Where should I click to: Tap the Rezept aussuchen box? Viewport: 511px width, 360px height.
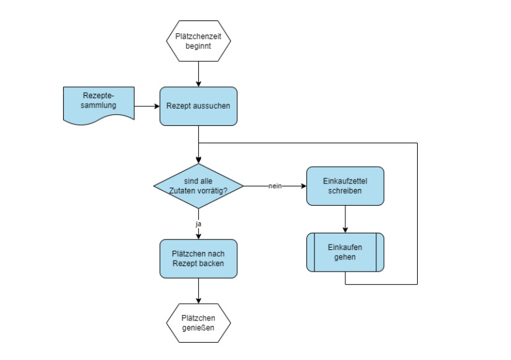(198, 106)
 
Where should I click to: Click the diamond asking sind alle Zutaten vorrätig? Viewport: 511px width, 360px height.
(198, 186)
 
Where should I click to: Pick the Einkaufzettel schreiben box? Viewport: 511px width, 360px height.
(345, 186)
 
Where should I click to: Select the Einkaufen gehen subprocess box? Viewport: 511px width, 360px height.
(345, 252)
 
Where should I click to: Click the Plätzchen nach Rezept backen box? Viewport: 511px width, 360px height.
(198, 259)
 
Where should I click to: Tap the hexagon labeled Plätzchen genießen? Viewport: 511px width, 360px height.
(198, 323)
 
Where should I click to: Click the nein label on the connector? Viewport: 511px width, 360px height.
(276, 186)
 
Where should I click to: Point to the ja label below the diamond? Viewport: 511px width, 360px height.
(198, 224)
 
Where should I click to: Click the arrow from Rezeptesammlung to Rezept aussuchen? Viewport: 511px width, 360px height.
(147, 106)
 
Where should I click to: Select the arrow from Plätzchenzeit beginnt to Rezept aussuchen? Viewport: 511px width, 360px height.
(198, 74)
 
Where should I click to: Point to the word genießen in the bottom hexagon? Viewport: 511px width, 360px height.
(198, 328)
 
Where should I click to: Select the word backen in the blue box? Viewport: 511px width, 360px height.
(212, 264)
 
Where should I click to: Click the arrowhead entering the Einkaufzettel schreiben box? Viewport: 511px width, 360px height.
(303, 186)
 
